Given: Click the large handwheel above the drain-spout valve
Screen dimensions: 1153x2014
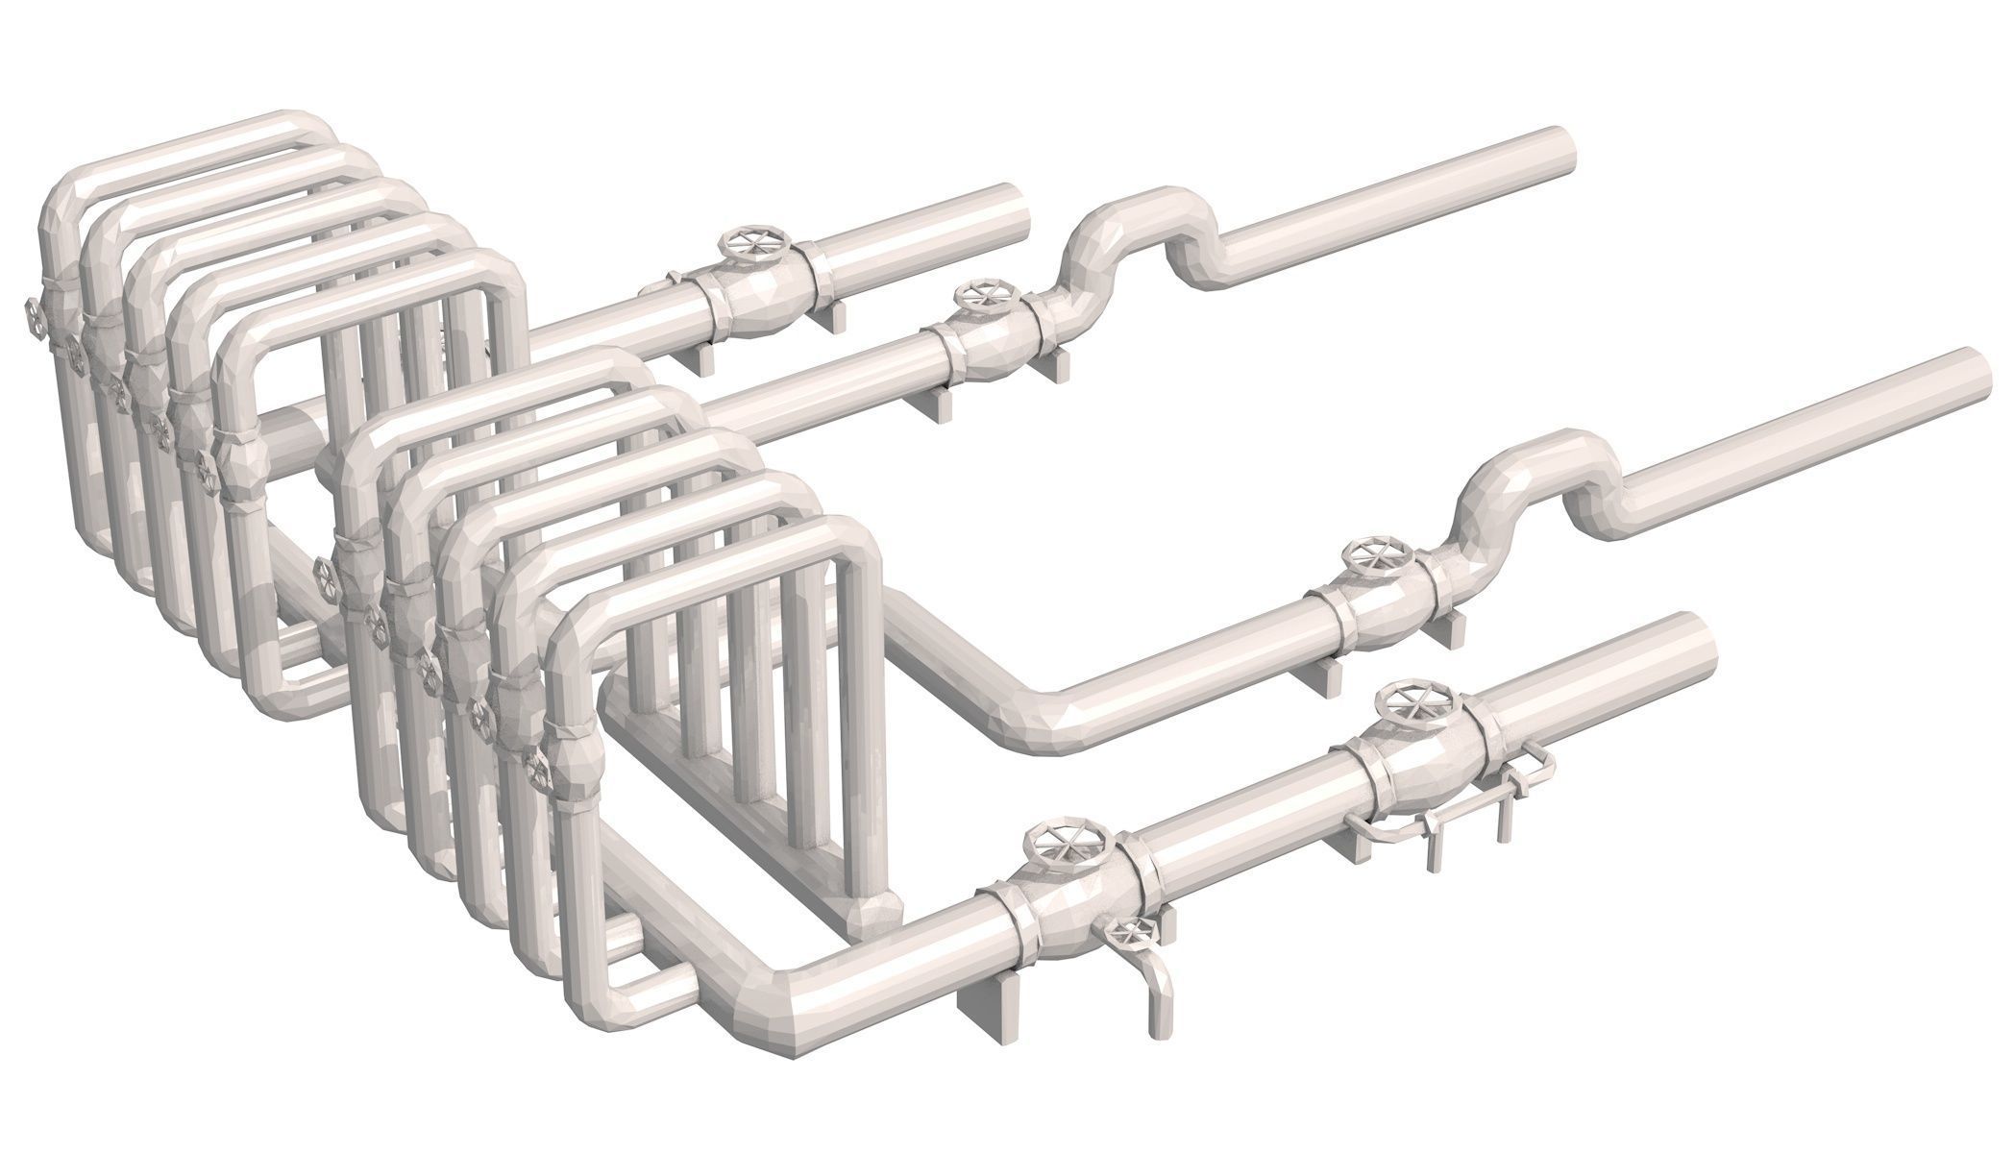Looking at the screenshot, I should tap(1068, 847).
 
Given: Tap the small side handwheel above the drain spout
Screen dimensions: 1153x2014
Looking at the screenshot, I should tap(1134, 935).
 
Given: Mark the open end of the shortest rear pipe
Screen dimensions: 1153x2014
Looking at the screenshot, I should tap(1019, 206).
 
